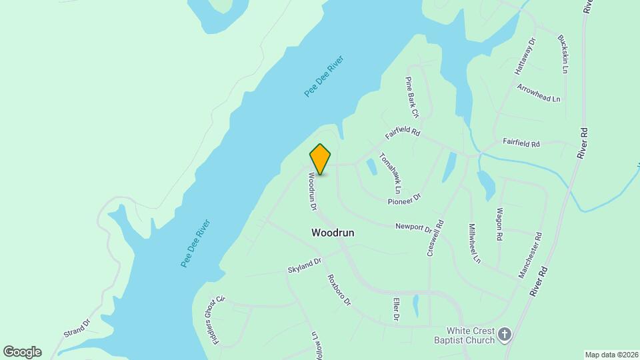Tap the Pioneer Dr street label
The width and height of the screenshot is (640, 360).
405,199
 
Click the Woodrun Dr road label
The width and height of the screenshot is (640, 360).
311,192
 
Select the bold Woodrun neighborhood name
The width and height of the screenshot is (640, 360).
333,233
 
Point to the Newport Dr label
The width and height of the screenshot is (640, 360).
413,227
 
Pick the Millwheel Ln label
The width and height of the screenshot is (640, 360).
474,243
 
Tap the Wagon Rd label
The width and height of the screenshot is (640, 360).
499,224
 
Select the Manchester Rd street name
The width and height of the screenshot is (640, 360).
531,255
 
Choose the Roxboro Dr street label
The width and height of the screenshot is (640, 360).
339,290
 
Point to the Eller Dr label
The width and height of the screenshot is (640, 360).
396,309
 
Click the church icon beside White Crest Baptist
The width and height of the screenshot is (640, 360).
505,335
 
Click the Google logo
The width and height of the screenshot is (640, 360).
22,352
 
